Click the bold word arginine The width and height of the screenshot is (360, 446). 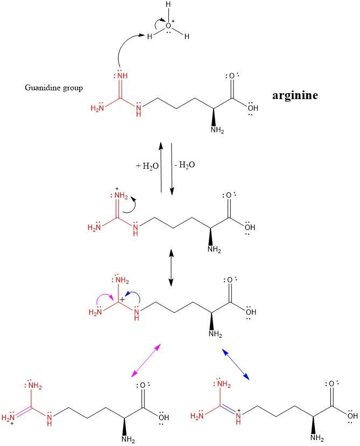click(295, 96)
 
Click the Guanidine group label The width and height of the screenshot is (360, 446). click(54, 88)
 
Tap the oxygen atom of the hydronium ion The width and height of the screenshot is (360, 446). click(169, 25)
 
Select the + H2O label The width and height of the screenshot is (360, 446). click(147, 166)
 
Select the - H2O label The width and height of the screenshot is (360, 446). click(185, 165)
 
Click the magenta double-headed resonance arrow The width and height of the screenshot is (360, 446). click(146, 360)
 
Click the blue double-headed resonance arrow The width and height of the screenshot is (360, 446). click(236, 364)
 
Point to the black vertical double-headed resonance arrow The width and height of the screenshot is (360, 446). click(171, 267)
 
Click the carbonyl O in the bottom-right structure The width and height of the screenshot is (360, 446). click(332, 384)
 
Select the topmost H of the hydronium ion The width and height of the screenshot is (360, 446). click(168, 5)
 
